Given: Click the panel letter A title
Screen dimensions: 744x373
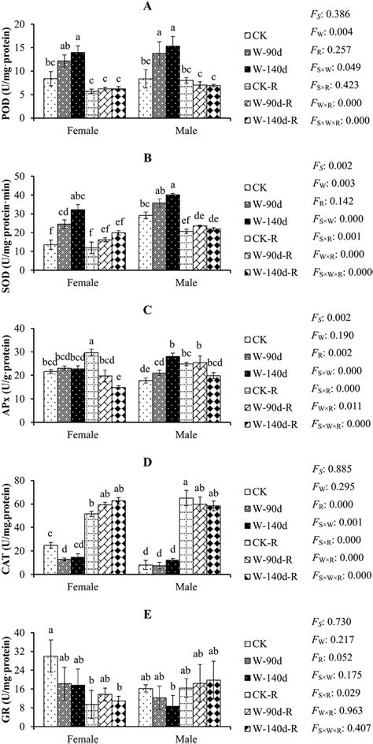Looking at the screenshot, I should coord(146,6).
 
